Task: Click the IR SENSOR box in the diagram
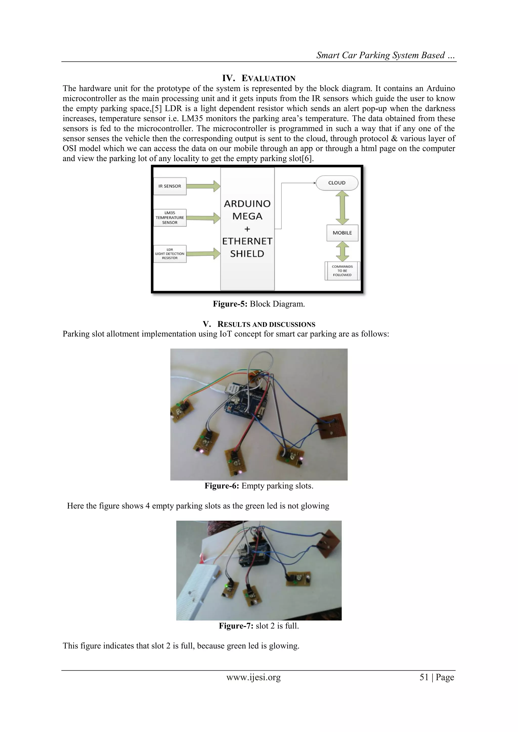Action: (170, 186)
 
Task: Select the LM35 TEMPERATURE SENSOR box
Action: (170, 218)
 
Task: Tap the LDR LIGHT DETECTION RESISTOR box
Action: (170, 254)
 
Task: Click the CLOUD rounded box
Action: (337, 183)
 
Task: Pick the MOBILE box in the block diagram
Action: (342, 233)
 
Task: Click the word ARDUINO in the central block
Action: (247, 204)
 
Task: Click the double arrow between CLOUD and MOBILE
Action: (342, 208)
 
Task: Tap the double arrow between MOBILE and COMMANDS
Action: (342, 251)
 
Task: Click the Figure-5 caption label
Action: (230, 304)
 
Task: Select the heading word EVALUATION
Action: (268, 78)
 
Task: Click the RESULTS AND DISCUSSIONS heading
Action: (266, 325)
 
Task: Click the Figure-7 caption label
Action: (236, 626)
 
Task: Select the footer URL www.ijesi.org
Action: (254, 677)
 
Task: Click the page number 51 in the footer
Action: (424, 677)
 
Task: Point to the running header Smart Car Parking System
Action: (385, 55)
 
